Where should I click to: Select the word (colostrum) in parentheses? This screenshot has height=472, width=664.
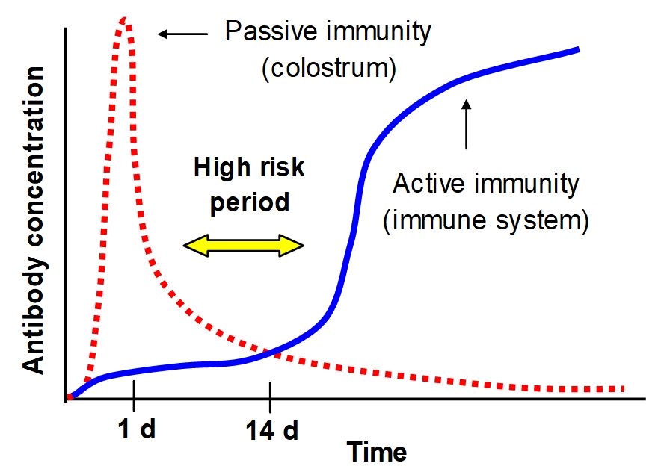[329, 68]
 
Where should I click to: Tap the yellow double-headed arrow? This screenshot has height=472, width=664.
[244, 245]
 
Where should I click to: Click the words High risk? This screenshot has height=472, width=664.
[249, 167]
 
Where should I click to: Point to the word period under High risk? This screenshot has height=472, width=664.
[250, 203]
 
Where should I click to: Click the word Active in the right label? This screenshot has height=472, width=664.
[428, 184]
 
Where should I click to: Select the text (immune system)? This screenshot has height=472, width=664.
[486, 220]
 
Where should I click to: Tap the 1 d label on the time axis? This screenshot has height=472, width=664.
[137, 429]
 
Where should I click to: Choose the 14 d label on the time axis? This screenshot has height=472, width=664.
[272, 430]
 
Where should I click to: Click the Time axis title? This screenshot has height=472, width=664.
[376, 452]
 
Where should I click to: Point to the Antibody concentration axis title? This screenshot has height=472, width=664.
[34, 220]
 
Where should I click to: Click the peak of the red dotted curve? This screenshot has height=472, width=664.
[124, 19]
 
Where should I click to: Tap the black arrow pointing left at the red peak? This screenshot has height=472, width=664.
[182, 34]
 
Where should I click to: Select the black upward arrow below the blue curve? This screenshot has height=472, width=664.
[467, 124]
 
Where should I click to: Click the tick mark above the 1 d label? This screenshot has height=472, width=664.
[134, 396]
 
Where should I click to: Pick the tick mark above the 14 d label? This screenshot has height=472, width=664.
[270, 397]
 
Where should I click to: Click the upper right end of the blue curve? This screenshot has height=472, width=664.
[579, 50]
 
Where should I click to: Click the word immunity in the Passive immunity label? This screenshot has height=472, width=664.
[375, 31]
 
